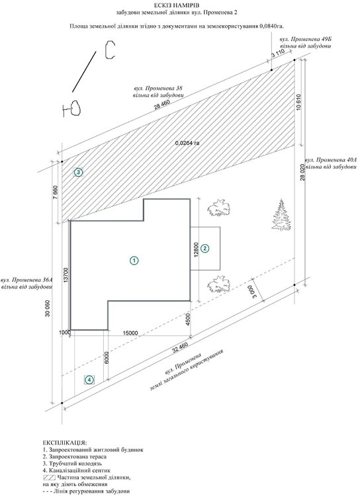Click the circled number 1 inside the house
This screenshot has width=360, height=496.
tap(134, 261)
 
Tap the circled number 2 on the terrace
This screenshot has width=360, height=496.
tap(205, 248)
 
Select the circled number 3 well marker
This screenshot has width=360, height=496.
tap(78, 173)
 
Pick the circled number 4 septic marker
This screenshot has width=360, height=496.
tap(89, 380)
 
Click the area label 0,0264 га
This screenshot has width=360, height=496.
tap(187, 143)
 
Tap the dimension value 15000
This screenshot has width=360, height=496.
tap(130, 333)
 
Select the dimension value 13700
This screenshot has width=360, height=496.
tap(66, 274)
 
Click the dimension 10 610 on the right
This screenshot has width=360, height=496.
tap(300, 102)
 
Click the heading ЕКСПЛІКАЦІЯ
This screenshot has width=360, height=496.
tap(64, 442)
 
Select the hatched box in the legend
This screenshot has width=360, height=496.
tap(49, 477)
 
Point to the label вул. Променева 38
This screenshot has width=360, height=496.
tap(158, 87)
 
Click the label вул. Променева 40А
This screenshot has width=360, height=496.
tap(331, 160)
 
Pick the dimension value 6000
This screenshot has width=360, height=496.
tap(106, 357)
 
